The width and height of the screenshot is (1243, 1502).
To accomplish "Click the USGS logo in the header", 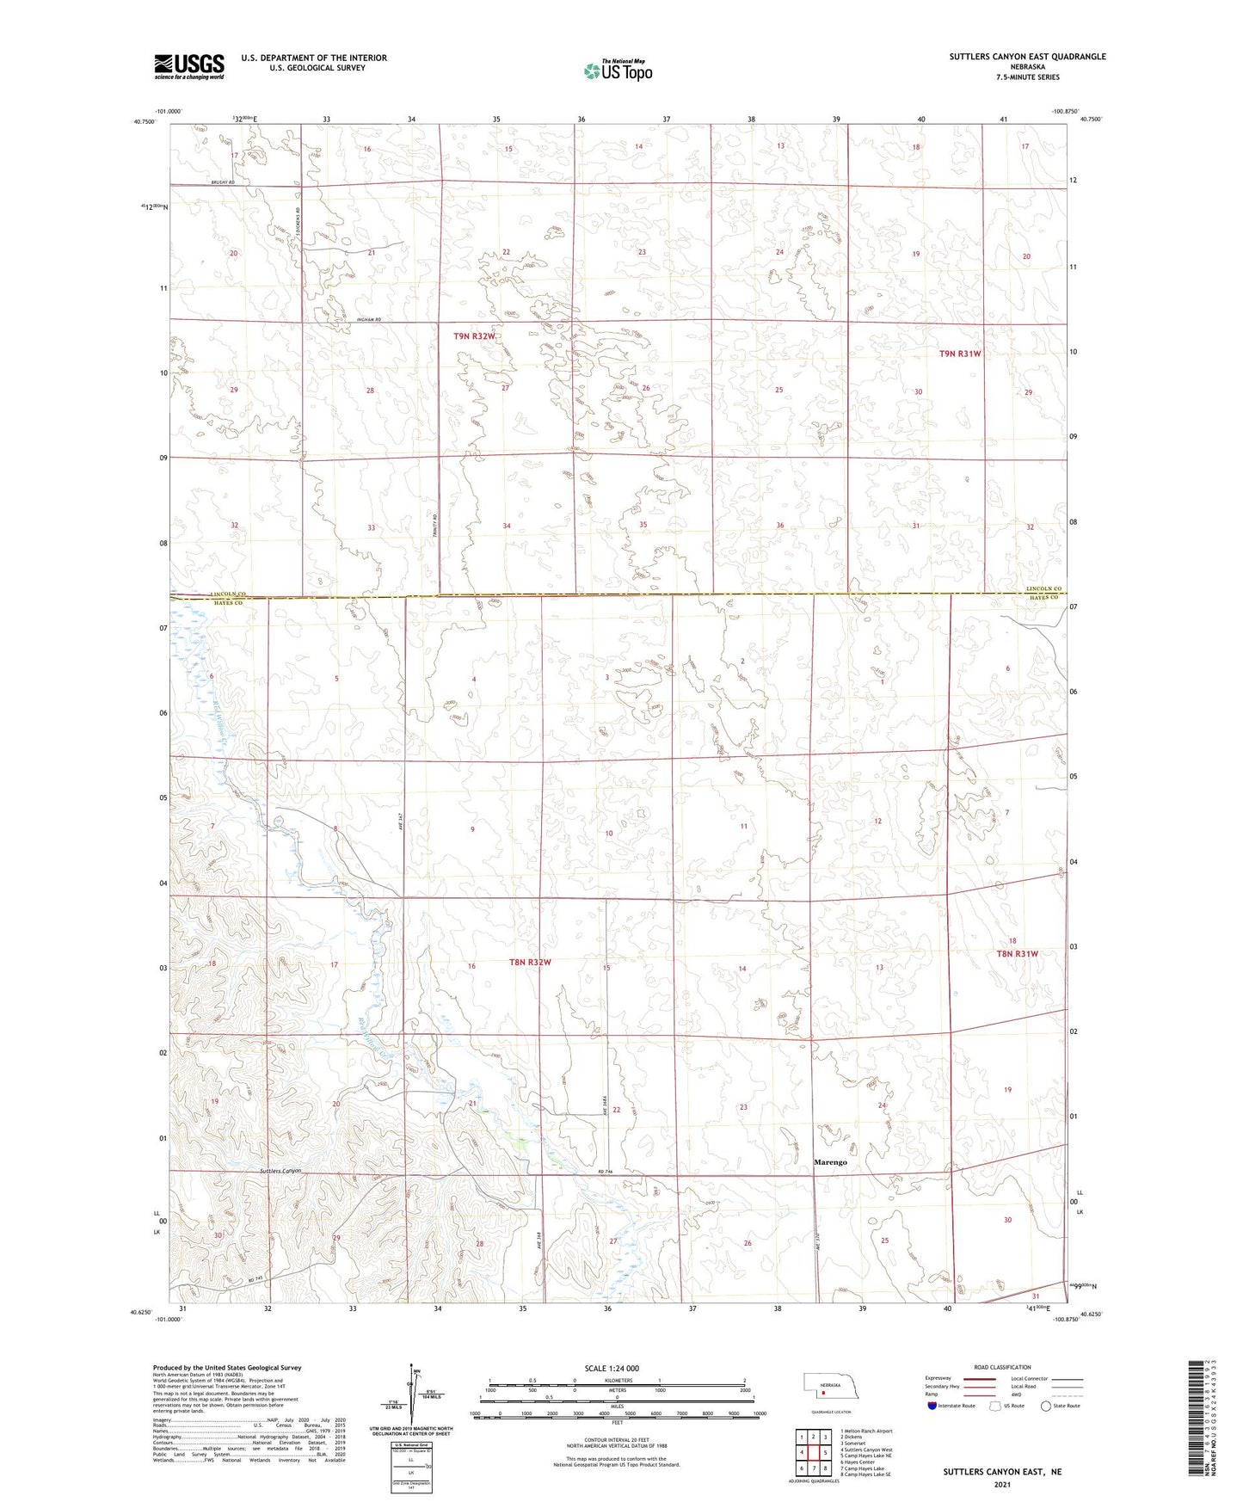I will [189, 65].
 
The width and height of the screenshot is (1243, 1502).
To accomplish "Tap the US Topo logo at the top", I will [618, 71].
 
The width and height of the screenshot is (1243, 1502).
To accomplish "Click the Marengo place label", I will [830, 1162].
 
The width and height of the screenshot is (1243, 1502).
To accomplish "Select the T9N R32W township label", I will [475, 336].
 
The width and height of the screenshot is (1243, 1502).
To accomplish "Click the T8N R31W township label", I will [1018, 954].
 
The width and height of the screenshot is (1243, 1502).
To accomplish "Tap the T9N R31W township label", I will [960, 354].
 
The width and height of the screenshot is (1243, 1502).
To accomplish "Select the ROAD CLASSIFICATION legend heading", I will [1002, 1367].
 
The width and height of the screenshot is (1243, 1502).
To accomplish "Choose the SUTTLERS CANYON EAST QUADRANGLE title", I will [1027, 57].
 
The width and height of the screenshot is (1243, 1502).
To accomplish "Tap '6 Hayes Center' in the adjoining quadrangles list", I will [858, 1462].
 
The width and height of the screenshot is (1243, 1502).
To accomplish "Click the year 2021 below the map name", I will [1002, 1485].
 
